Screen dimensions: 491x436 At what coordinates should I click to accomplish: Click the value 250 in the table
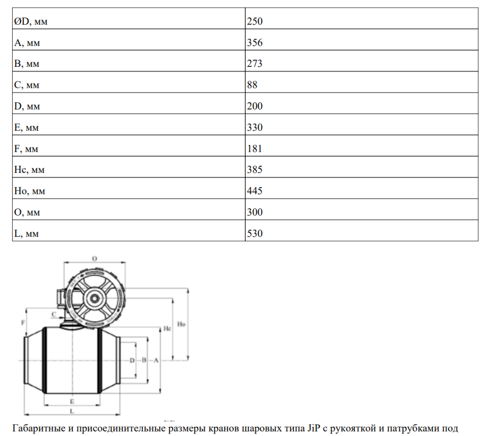pyautogui.click(x=254, y=21)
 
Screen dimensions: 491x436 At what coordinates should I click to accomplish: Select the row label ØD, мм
pyautogui.click(x=31, y=22)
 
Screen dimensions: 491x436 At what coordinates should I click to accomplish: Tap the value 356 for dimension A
pyautogui.click(x=254, y=43)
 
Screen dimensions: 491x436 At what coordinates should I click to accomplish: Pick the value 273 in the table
pyautogui.click(x=254, y=63)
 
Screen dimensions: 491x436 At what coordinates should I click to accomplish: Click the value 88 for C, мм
pyautogui.click(x=252, y=85)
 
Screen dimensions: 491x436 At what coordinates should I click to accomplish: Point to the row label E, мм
pyautogui.click(x=26, y=127)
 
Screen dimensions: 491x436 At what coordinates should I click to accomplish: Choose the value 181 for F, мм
pyautogui.click(x=254, y=149)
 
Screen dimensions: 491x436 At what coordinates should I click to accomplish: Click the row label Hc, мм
pyautogui.click(x=29, y=170)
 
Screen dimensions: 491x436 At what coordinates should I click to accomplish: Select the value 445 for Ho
pyautogui.click(x=254, y=191)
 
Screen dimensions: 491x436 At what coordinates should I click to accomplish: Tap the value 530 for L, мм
pyautogui.click(x=254, y=234)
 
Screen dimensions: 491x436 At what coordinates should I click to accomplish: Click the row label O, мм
pyautogui.click(x=27, y=212)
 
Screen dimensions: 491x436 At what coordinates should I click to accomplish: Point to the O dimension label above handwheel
pyautogui.click(x=95, y=259)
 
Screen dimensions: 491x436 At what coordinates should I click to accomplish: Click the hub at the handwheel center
pyautogui.click(x=95, y=298)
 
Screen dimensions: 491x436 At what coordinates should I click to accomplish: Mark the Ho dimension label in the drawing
pyautogui.click(x=181, y=324)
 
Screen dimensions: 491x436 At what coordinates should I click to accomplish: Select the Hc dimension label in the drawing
pyautogui.click(x=167, y=328)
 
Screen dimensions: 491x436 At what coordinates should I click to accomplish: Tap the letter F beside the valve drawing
pyautogui.click(x=23, y=322)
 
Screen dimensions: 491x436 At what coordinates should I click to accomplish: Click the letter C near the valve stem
pyautogui.click(x=54, y=314)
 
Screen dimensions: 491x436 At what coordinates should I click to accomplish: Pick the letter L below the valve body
pyautogui.click(x=72, y=411)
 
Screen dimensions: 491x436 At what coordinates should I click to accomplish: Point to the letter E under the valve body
pyautogui.click(x=72, y=402)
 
